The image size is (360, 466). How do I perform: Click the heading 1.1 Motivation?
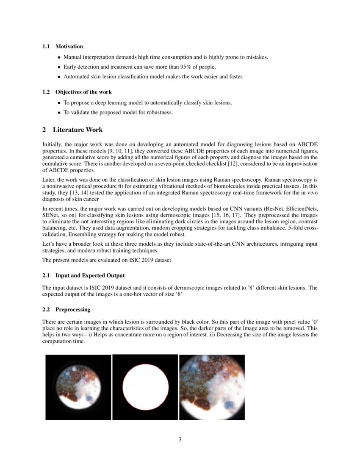[x=63, y=46]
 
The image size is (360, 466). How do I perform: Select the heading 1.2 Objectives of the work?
[x=77, y=92]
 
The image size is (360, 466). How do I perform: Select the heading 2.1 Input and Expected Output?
[x=83, y=275]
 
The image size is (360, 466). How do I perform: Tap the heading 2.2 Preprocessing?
[x=66, y=309]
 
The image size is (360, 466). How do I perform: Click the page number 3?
[x=180, y=439]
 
